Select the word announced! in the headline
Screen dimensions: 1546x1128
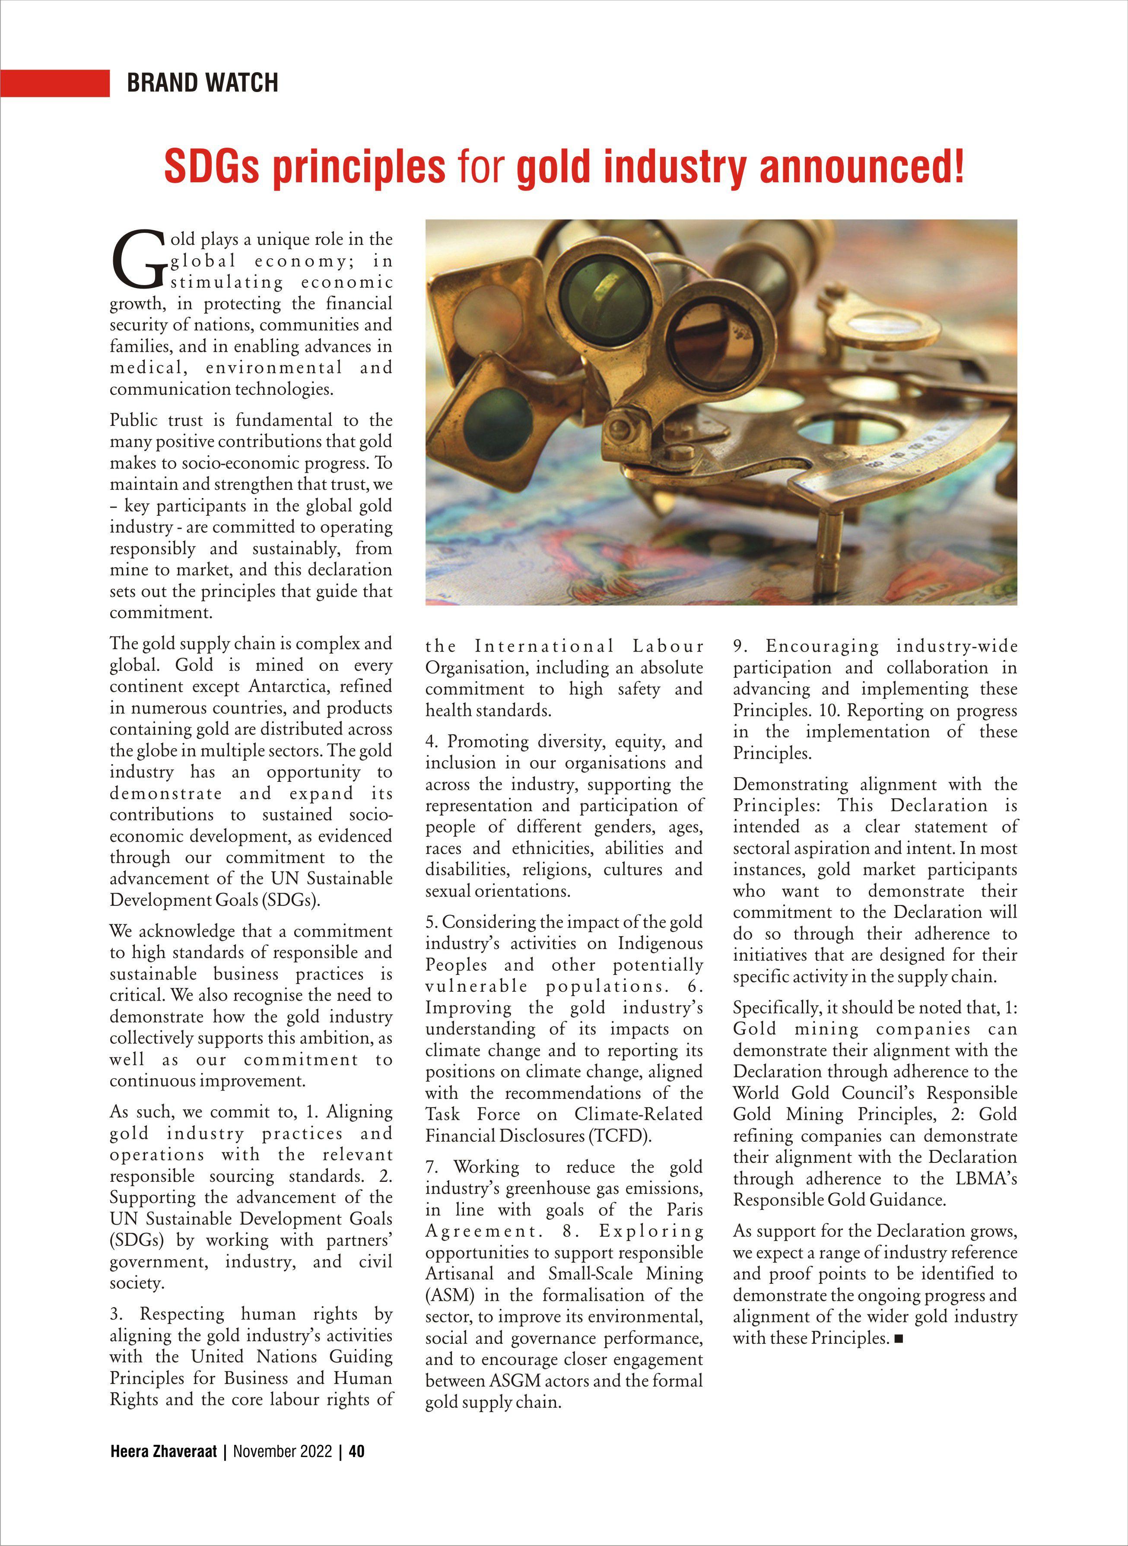[x=862, y=167]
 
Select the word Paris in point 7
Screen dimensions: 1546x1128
[x=684, y=1210]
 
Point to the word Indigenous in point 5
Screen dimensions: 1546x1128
[x=660, y=943]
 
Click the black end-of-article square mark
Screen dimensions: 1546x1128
[x=899, y=1339]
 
